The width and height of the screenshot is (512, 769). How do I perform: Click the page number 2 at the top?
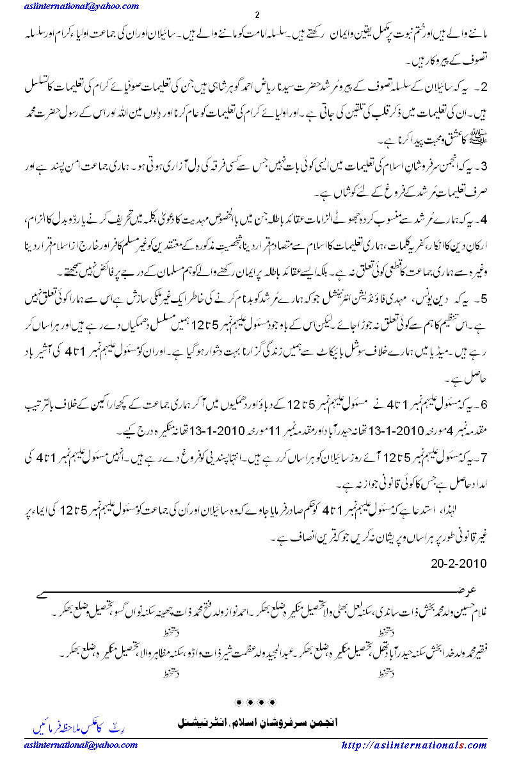tap(257, 15)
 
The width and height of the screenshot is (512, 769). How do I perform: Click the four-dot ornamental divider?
tap(256, 703)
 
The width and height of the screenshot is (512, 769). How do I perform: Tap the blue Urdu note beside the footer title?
tap(70, 729)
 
